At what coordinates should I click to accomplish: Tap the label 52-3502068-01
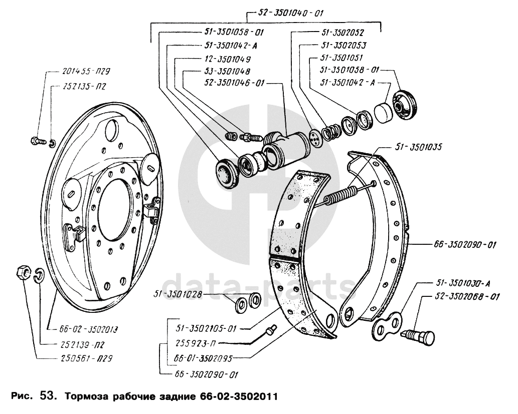coord(460,297)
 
